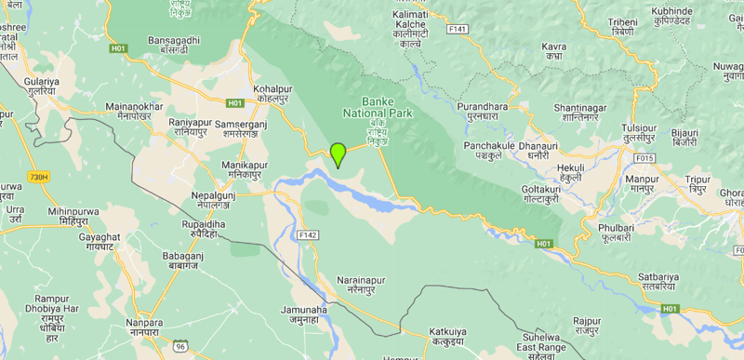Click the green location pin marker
coord(339,154)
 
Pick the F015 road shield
coord(645,157)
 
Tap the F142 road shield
coord(309,235)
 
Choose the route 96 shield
coord(180,346)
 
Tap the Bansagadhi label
coord(175,41)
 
